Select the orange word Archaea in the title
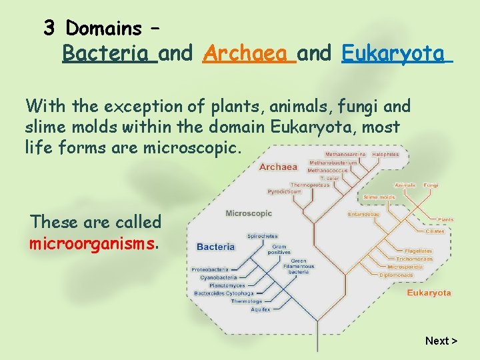point(249,53)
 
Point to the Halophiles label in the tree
point(385,155)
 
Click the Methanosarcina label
point(345,155)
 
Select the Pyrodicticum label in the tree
point(285,191)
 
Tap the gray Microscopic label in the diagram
point(249,213)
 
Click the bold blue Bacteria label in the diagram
point(216,246)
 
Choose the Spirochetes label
point(263,236)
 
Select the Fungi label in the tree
point(431,185)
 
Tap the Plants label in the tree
point(445,219)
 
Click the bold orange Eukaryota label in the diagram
point(429,293)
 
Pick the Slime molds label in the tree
point(379,197)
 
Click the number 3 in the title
point(49,28)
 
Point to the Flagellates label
point(415,252)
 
